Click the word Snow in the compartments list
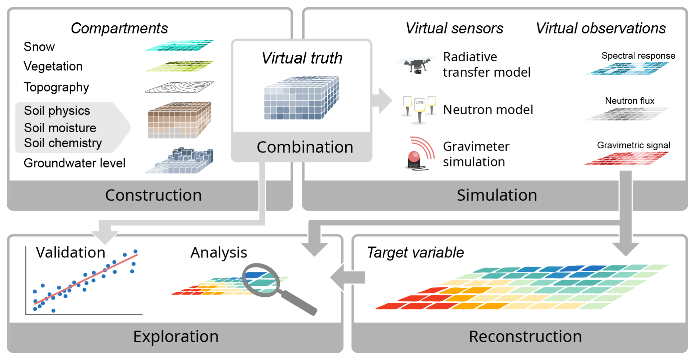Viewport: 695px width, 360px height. pos(39,47)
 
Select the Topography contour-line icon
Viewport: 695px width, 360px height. pos(179,87)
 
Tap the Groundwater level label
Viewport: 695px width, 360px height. pos(75,163)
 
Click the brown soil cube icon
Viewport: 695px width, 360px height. pos(179,120)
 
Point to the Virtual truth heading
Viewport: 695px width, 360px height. pos(302,58)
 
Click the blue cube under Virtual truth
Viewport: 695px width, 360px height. pos(301,98)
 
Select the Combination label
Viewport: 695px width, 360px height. pos(305,147)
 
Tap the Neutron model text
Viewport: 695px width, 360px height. pos(488,110)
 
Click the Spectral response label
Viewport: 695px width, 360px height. pos(638,56)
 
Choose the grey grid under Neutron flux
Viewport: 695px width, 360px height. pos(627,114)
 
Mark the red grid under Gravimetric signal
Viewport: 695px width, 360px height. pos(627,158)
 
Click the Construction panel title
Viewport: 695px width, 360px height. pos(153,195)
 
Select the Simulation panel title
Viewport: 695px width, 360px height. pos(497,195)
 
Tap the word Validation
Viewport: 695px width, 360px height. pos(71,253)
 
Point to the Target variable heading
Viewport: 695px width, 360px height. pos(415,253)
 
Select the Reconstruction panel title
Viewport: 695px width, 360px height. pos(525,336)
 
